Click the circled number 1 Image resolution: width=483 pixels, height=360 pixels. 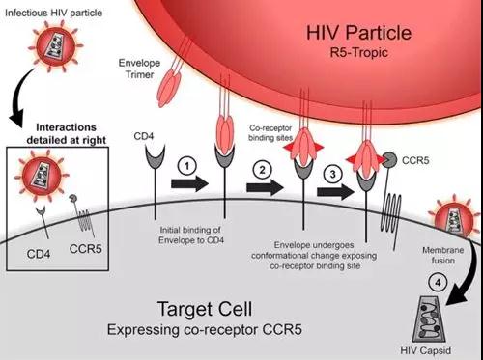tap(186, 166)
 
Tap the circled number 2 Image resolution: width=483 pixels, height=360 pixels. tap(262, 170)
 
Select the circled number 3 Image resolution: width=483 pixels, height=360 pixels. tap(333, 174)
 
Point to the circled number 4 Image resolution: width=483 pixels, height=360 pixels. tap(438, 283)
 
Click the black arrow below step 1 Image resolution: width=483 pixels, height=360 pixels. tap(189, 184)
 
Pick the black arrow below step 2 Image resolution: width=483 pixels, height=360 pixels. tap(265, 187)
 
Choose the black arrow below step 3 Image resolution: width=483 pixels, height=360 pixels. tap(335, 192)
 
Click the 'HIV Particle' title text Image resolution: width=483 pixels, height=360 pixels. tap(358, 33)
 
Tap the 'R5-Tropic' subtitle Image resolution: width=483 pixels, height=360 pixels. tap(359, 53)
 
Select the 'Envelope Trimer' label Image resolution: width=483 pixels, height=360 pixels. tap(139, 69)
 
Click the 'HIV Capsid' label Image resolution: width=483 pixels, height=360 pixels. tap(426, 350)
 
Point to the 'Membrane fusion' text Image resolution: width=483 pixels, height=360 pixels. tap(443, 255)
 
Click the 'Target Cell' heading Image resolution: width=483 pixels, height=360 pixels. tap(205, 309)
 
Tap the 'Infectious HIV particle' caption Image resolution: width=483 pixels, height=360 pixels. tap(54, 14)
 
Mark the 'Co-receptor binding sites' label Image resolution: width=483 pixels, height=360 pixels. tap(270, 133)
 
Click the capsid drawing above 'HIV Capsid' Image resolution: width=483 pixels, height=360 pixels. tap(429, 319)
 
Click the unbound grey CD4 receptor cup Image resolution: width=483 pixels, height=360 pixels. tap(156, 156)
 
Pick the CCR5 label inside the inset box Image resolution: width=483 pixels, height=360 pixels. tap(86, 249)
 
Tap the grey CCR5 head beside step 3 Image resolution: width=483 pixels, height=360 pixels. tap(389, 160)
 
